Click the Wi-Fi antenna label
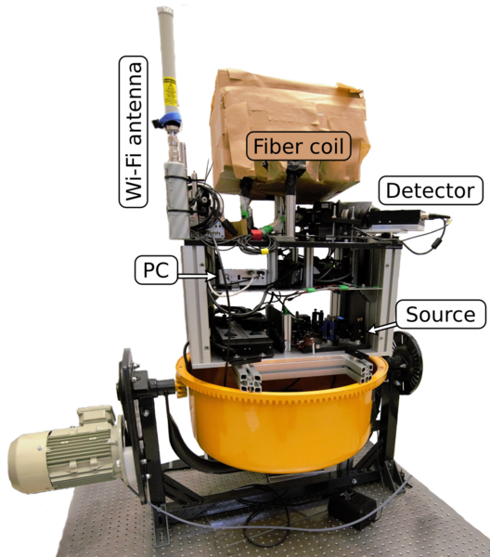click(133, 132)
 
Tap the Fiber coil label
click(299, 146)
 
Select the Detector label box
click(431, 190)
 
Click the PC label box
click(156, 269)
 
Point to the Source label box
click(441, 314)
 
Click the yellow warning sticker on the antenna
click(170, 91)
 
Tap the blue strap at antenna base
click(169, 120)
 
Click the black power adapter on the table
click(353, 506)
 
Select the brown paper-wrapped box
click(290, 133)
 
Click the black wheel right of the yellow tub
click(407, 362)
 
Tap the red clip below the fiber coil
click(256, 234)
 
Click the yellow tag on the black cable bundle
click(264, 252)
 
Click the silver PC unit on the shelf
click(242, 277)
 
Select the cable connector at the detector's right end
click(435, 216)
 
